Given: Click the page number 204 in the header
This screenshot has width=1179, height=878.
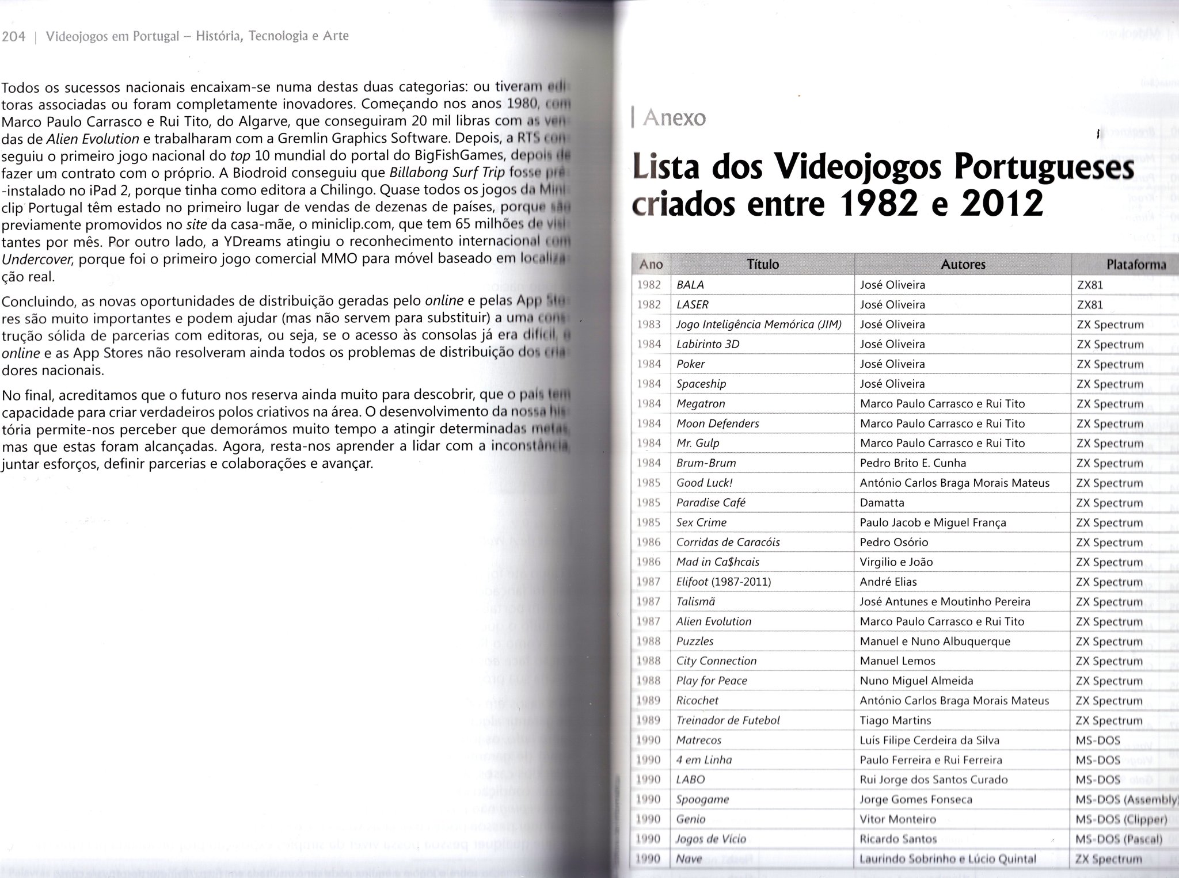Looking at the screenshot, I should [x=14, y=37].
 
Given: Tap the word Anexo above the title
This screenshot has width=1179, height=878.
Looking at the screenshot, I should [x=674, y=118].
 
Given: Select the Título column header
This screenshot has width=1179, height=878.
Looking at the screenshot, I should [x=762, y=264].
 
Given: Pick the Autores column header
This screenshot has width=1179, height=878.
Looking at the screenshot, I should [x=963, y=264].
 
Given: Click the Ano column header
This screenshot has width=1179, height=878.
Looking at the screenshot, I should [x=651, y=264].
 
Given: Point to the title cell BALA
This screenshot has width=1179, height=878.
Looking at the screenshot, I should [x=690, y=285].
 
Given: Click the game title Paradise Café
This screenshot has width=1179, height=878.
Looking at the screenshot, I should [x=710, y=502].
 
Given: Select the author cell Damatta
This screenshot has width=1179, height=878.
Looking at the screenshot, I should [x=882, y=502].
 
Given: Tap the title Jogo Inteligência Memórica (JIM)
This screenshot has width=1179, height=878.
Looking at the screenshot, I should [x=759, y=325].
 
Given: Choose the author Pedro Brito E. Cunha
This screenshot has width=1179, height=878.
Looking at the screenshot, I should [x=913, y=463].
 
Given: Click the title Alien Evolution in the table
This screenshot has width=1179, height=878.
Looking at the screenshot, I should [x=714, y=621].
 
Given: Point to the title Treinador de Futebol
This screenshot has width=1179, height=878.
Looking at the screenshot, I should [x=728, y=720].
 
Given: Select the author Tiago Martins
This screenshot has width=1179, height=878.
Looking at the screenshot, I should [x=895, y=720].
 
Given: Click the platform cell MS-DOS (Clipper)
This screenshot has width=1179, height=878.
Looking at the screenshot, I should [x=1121, y=819].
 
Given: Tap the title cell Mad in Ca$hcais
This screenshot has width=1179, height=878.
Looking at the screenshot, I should [x=717, y=562].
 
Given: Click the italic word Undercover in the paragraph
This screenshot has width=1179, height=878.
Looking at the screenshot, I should [x=37, y=259].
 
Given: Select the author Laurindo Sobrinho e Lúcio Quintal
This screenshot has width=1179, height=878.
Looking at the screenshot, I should [x=948, y=859].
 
